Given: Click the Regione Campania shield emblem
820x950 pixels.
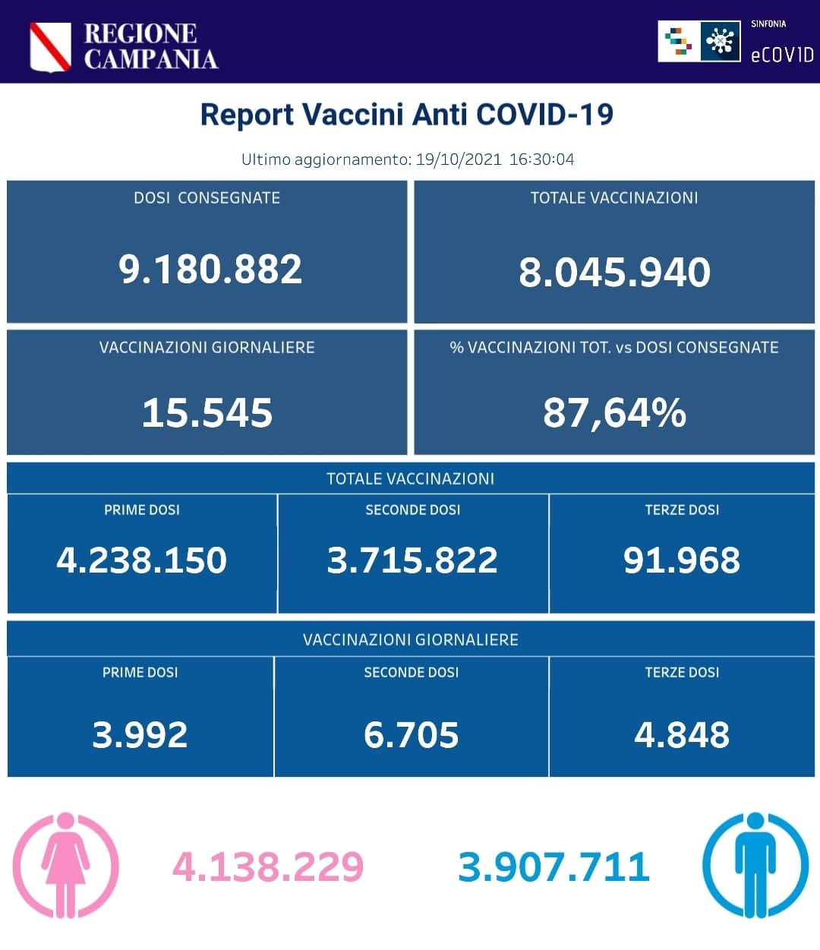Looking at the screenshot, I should tap(50, 47).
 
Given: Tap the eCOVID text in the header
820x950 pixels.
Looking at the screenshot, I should tap(781, 55).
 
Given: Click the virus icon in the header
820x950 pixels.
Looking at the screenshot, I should tap(719, 41).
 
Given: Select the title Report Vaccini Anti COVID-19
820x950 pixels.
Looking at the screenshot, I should tap(406, 115).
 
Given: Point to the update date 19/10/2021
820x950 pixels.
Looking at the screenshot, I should tap(459, 159).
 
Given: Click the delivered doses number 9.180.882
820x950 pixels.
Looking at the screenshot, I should tap(210, 270).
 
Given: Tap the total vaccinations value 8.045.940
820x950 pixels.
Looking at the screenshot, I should tap(614, 273).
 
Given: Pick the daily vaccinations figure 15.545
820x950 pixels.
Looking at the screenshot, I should tap(207, 413).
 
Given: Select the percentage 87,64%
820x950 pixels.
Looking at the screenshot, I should tap(614, 413).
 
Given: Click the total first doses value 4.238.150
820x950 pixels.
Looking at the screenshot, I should tap(141, 560).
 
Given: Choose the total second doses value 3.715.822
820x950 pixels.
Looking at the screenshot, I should tap(412, 560).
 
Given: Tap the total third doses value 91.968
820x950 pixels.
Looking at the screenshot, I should tap(682, 560).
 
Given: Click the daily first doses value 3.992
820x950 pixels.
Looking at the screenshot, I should tap(140, 735).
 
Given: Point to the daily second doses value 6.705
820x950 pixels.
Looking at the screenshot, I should tap(411, 735).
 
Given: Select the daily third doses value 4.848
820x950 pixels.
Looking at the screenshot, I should tap(682, 735).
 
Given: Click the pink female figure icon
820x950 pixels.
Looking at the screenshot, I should tap(66, 865).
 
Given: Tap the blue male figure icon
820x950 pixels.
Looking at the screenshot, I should tap(755, 865).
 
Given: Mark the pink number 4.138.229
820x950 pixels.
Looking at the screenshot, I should tap(268, 866).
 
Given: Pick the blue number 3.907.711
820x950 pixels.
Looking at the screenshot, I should tap(553, 866).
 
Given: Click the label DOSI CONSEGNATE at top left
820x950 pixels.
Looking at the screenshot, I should tap(207, 198).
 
